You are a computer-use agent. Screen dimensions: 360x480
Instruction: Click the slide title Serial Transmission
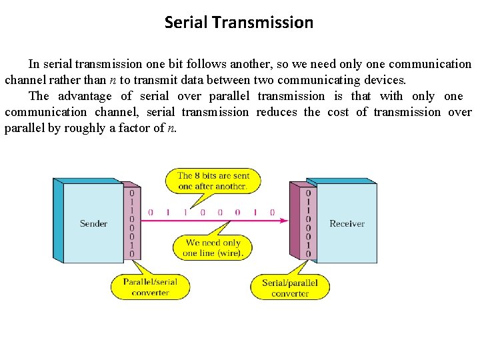pos(239,23)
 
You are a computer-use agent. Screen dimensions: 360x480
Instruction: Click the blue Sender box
pos(93,223)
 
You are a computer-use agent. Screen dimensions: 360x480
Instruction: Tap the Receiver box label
pos(347,223)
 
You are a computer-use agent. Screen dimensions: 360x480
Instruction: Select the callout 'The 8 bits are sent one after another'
pos(213,181)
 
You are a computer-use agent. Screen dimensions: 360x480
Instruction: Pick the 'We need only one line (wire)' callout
pos(213,248)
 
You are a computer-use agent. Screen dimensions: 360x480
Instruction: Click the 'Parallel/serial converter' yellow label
pos(150,287)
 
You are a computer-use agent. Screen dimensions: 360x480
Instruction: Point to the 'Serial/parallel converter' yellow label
pos(290,288)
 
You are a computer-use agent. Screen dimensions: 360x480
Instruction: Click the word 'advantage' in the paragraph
pos(85,96)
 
